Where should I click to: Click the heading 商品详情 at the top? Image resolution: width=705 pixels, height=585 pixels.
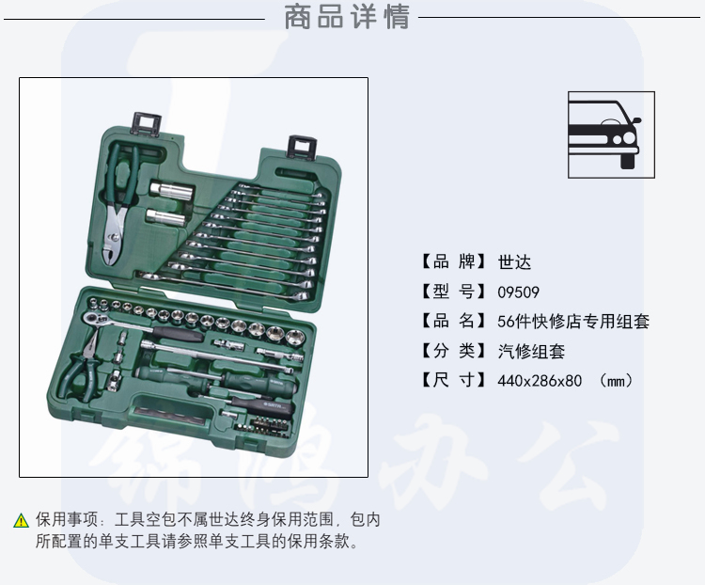[x=347, y=17]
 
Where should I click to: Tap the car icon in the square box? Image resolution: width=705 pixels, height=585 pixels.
[x=603, y=134]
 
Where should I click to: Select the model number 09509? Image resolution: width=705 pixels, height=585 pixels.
[x=518, y=292]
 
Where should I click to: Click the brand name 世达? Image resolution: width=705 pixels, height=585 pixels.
[x=514, y=261]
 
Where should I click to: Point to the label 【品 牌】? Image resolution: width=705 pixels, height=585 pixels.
[x=452, y=261]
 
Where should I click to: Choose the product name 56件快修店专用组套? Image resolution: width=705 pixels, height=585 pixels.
[x=573, y=322]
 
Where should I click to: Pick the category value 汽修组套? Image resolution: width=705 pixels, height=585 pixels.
[x=531, y=351]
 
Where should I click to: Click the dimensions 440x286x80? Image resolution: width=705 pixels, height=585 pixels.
[x=540, y=381]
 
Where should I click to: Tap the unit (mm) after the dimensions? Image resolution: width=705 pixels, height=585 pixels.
[x=616, y=381]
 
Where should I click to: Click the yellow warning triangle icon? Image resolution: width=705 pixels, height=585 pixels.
[x=21, y=521]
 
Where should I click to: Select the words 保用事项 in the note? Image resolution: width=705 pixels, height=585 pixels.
[x=67, y=520]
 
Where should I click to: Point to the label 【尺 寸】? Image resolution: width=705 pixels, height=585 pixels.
[x=452, y=381]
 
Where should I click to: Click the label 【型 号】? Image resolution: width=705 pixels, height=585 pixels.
[x=452, y=292]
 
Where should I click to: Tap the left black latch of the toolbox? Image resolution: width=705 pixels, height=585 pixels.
[x=147, y=124]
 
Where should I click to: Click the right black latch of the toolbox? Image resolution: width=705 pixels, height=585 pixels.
[x=302, y=147]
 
